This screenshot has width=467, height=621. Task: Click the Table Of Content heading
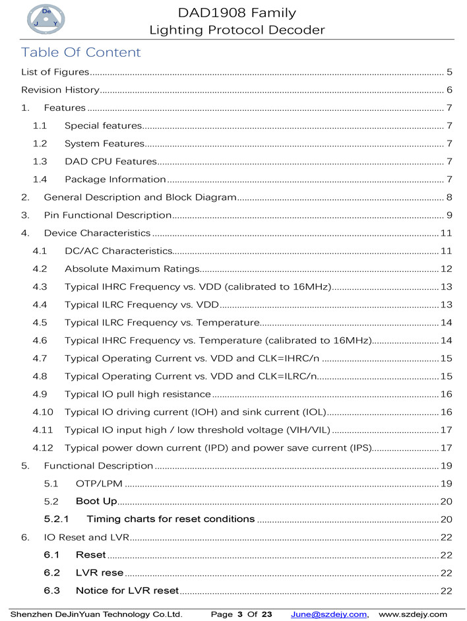click(80, 53)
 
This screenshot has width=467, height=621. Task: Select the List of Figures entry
click(55, 72)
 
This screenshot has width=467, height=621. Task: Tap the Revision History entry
click(60, 90)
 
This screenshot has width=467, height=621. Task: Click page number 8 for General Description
click(449, 197)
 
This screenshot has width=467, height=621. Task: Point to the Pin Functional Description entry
click(108, 215)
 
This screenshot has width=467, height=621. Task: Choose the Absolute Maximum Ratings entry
click(132, 269)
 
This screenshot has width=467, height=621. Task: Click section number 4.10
click(43, 412)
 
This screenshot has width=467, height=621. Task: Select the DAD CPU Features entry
click(110, 161)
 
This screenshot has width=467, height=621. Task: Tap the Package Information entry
click(115, 179)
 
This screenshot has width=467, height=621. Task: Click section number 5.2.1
click(58, 519)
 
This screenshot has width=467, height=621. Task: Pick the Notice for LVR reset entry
click(127, 590)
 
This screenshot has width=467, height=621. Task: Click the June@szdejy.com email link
click(328, 614)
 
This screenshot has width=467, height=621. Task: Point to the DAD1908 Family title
click(237, 13)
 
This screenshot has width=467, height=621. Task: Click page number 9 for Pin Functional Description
click(449, 215)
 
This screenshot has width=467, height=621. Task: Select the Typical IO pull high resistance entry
click(137, 394)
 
